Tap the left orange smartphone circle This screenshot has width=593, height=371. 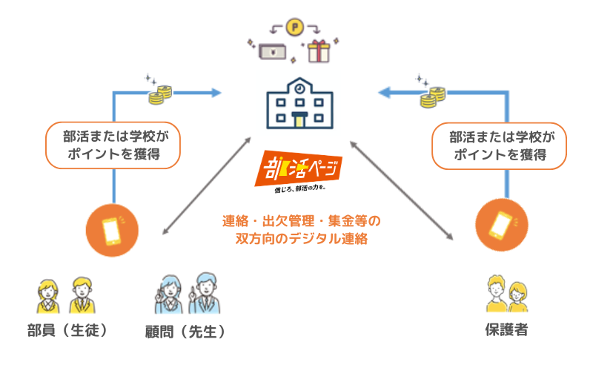pyautogui.click(x=112, y=228)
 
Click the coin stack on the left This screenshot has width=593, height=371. pyautogui.click(x=160, y=95)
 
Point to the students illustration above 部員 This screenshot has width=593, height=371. pyautogui.click(x=64, y=296)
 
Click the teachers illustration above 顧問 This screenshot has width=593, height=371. pyautogui.click(x=185, y=293)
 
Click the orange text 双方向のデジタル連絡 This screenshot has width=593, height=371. pyautogui.click(x=301, y=239)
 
